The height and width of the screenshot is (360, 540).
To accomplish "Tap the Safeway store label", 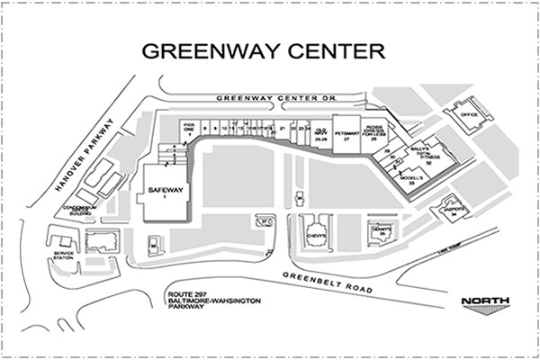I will coord(166,192).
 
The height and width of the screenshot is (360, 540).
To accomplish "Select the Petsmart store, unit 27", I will coord(346,134).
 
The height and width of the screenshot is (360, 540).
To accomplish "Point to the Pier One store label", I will coord(189,129).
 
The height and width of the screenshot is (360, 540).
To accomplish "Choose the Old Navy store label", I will coord(320,133).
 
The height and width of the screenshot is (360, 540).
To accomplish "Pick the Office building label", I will coord(467,115).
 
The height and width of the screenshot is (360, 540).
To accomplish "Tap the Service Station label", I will coord(63,255).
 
